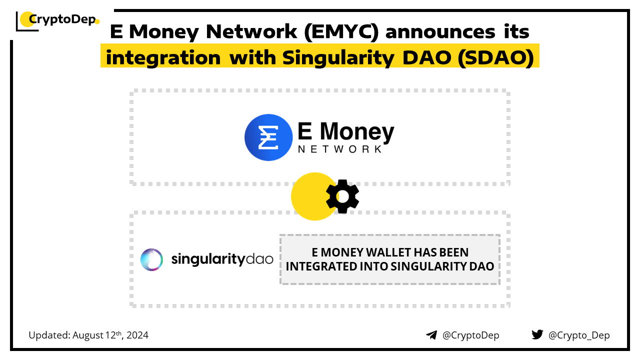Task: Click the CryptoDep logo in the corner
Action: (57, 20)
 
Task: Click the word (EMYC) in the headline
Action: (341, 31)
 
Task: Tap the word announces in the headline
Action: (440, 31)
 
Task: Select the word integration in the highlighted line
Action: (163, 57)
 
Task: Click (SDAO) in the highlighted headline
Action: (495, 57)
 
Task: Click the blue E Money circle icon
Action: (268, 137)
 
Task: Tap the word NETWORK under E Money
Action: (339, 149)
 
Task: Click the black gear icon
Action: (342, 196)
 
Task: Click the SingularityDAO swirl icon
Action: (151, 259)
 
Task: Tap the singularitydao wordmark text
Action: (222, 259)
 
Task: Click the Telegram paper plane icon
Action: (431, 335)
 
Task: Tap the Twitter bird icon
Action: (537, 334)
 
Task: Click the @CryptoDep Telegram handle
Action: (471, 335)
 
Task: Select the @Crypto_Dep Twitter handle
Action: (579, 335)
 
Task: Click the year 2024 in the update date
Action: (137, 335)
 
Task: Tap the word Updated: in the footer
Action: (49, 335)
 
